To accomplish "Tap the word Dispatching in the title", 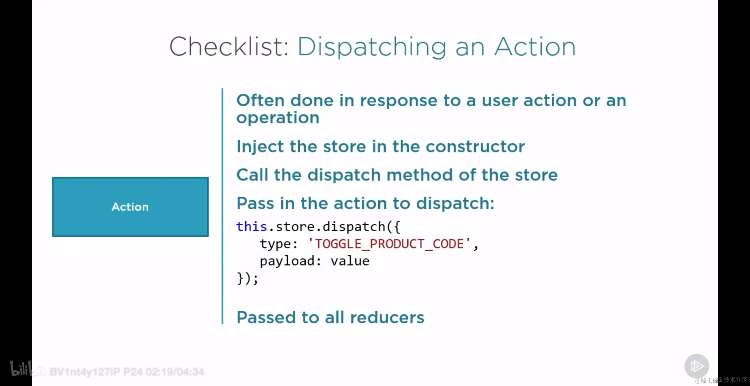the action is [372, 47].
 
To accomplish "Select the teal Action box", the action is [130, 207].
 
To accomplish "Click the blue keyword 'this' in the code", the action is [252, 227].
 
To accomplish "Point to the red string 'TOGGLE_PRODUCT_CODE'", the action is [389, 244].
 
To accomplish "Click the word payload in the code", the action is [287, 261].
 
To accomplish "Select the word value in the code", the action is [350, 261].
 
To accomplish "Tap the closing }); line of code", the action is [247, 278].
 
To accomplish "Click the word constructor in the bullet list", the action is [475, 146].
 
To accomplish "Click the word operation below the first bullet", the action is [278, 118].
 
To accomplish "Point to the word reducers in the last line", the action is [387, 317].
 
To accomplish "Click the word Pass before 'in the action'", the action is [255, 203].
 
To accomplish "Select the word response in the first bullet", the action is [398, 101].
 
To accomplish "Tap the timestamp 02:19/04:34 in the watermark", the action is [175, 372].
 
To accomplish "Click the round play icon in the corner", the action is [697, 366].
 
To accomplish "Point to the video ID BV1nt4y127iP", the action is [85, 372].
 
